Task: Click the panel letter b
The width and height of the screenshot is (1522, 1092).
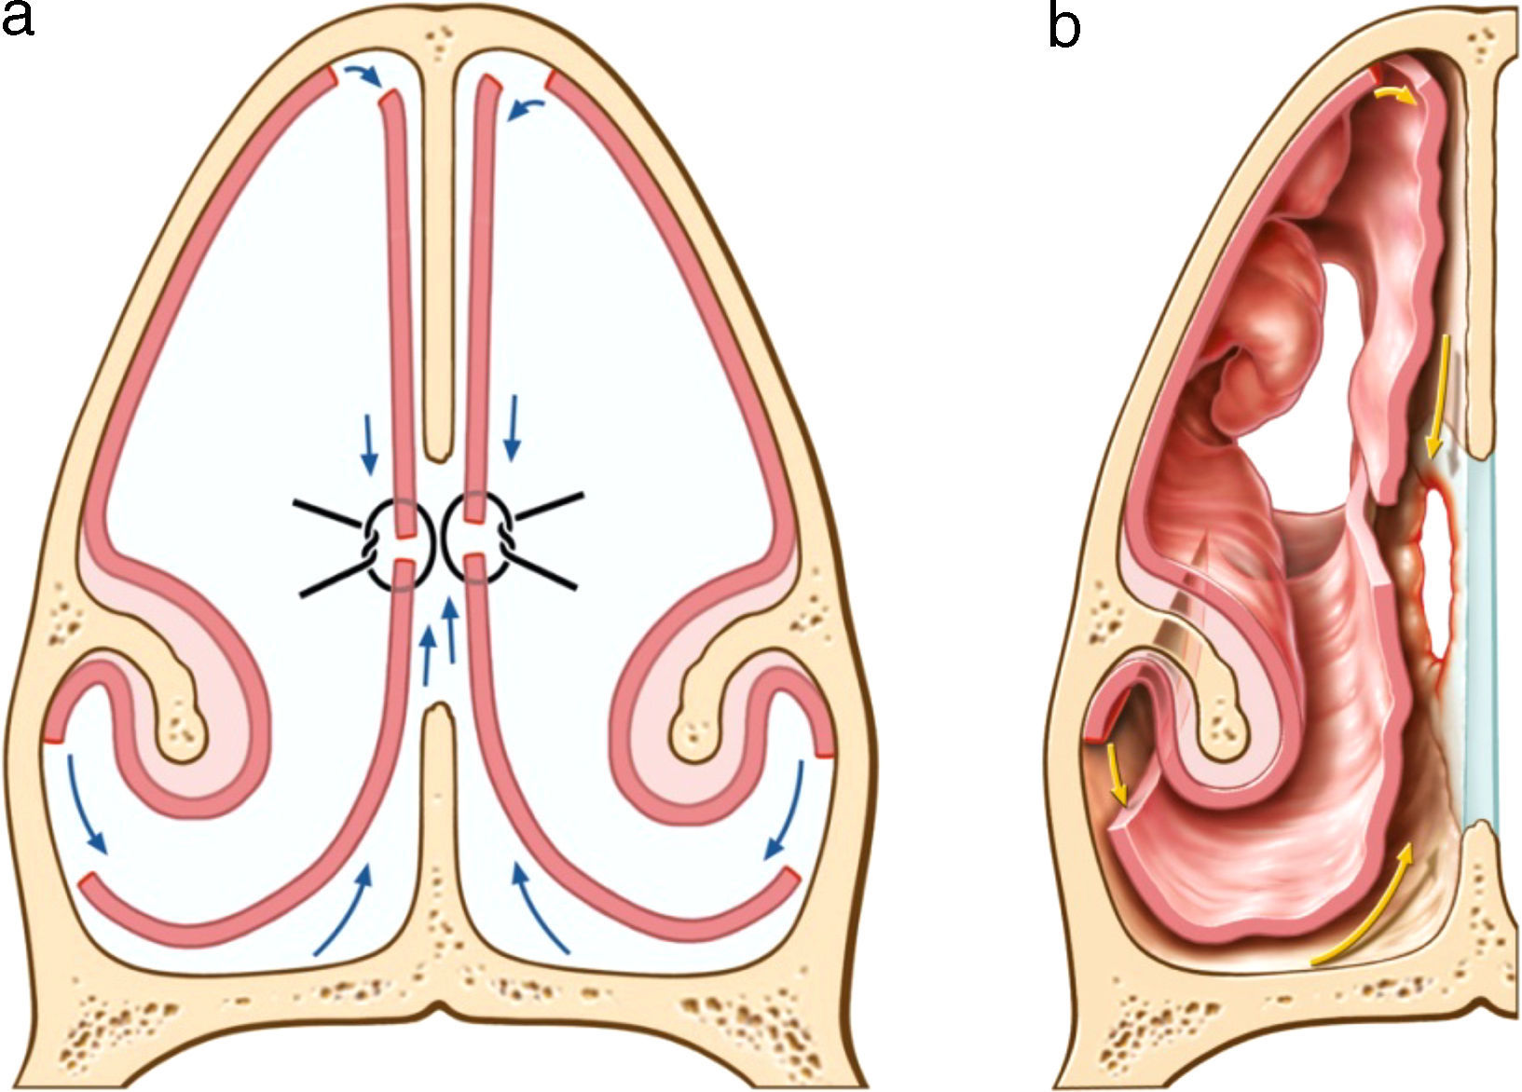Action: (x=1064, y=26)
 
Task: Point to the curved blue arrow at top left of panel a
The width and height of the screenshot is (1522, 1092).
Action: (x=363, y=75)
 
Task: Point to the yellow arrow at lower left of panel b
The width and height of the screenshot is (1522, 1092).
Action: (x=1116, y=779)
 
